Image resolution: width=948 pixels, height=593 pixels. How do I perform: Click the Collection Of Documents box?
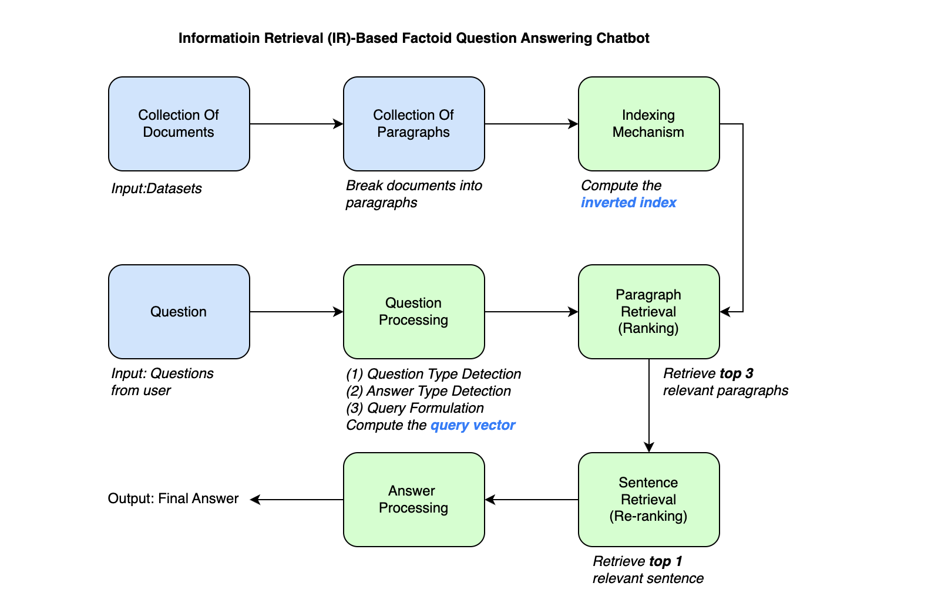coord(179,123)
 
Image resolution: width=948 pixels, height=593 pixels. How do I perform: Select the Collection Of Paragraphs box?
coord(414,123)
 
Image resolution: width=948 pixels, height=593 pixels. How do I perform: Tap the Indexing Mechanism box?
coord(648,123)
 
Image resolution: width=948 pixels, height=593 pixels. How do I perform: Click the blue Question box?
coord(179,311)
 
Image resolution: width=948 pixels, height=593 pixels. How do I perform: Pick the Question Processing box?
coord(414,311)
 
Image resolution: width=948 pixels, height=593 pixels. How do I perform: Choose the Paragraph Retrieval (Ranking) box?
coord(648,311)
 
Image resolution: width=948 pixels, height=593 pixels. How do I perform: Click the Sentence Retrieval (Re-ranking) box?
coord(648,499)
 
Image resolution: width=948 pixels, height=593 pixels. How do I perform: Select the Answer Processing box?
coord(414,499)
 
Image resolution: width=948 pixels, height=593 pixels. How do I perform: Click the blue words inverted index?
coord(628,203)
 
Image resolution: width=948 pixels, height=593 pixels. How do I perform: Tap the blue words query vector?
coord(473,425)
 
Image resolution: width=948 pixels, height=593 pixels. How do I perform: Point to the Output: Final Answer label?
coord(173,498)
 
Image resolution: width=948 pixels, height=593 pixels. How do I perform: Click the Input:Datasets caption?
coord(156,188)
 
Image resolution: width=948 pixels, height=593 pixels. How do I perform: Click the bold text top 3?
coord(736,373)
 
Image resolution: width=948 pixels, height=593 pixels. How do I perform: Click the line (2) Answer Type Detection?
coord(429,391)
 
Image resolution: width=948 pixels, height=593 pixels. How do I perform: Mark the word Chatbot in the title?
coord(623,38)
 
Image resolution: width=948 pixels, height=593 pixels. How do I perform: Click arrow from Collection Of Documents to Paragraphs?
coord(297,124)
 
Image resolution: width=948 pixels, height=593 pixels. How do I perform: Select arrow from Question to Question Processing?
coord(297,312)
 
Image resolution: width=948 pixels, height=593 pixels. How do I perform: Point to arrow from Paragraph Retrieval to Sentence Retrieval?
coord(649,405)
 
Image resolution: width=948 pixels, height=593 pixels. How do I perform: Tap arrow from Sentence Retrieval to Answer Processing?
coord(532,500)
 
